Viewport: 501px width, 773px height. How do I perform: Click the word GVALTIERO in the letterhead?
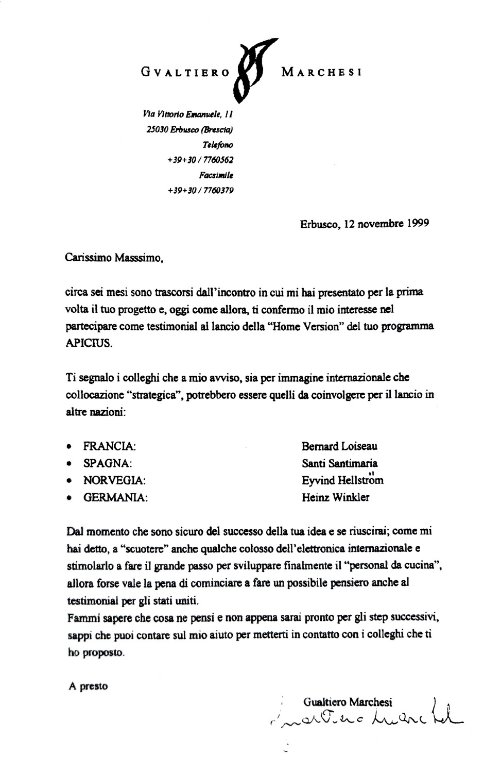(185, 73)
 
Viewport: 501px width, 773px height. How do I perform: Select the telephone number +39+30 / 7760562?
(201, 160)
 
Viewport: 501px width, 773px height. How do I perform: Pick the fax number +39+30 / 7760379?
(201, 190)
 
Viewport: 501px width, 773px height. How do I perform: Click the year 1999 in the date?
(418, 224)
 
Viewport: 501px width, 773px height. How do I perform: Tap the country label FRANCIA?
(109, 446)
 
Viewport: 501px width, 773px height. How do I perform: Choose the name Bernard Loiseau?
(339, 446)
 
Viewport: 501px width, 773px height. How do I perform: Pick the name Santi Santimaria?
(339, 463)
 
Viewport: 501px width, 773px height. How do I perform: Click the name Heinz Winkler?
(335, 497)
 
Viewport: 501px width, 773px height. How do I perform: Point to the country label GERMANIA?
(115, 498)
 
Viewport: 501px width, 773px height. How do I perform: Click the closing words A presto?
(88, 686)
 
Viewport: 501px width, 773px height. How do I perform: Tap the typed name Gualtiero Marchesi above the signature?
(348, 702)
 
